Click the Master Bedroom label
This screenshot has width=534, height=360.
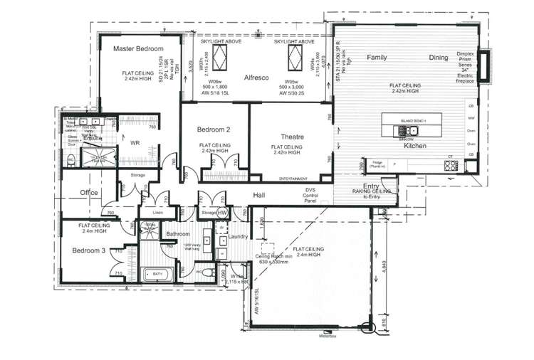click(139, 48)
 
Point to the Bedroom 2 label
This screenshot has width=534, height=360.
click(213, 129)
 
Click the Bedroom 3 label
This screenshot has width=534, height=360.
click(88, 250)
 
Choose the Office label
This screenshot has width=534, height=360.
click(89, 193)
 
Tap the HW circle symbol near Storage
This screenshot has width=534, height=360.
click(222, 212)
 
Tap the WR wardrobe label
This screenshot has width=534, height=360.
click(134, 142)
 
